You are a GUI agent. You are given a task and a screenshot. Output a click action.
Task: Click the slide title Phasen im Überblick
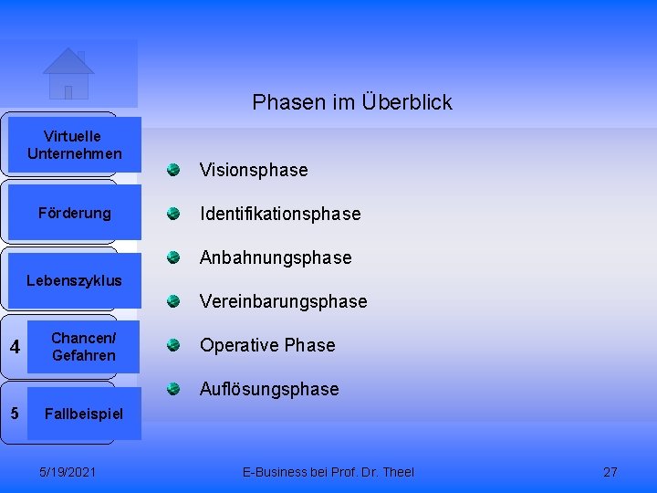(352, 102)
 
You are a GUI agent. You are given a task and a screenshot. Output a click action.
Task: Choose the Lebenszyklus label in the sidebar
(74, 280)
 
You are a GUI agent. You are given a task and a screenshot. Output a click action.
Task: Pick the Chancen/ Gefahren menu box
(83, 347)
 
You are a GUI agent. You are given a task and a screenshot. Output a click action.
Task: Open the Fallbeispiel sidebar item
(83, 414)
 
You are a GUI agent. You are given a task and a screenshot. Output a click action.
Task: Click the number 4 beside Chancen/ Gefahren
(14, 347)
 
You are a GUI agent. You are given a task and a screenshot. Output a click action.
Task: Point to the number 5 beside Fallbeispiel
(14, 413)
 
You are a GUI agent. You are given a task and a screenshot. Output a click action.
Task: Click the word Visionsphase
(254, 171)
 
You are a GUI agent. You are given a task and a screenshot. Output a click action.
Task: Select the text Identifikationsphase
(280, 215)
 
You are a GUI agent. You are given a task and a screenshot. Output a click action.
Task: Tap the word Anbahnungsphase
(276, 258)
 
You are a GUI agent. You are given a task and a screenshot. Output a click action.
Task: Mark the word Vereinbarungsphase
(283, 302)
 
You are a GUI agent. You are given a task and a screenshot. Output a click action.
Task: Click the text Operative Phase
(267, 346)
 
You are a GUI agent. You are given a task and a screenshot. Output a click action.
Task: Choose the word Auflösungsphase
(269, 390)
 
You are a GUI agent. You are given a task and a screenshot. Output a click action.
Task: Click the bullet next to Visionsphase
(172, 169)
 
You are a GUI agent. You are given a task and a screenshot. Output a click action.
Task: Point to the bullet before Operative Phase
(172, 344)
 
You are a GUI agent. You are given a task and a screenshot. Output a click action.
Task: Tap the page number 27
(610, 472)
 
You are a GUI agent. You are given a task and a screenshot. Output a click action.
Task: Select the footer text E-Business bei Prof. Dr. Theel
(328, 472)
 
